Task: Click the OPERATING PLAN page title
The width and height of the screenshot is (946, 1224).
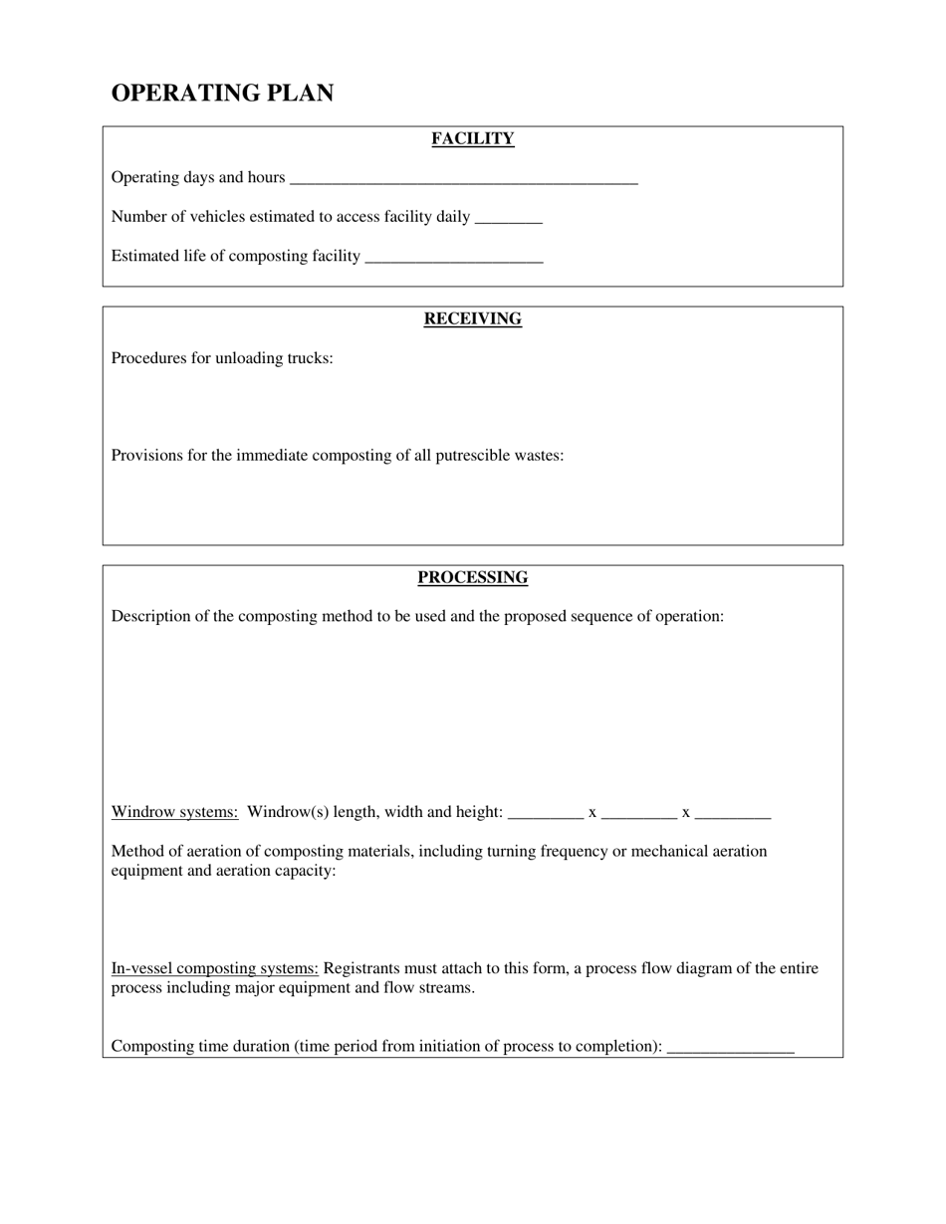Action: click(222, 94)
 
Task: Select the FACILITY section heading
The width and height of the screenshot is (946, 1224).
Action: click(472, 139)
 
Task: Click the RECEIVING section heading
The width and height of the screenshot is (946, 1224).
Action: click(472, 319)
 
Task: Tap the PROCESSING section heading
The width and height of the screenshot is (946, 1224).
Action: click(472, 578)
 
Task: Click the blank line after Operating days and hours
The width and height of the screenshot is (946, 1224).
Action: click(463, 180)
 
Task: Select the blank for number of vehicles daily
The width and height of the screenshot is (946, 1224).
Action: click(509, 219)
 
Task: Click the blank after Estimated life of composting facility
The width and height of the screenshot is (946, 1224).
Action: click(454, 259)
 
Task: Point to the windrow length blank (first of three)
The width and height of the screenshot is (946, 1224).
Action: click(546, 814)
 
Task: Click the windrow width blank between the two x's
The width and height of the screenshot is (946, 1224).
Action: click(639, 814)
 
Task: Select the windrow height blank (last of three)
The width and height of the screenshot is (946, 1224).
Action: click(733, 814)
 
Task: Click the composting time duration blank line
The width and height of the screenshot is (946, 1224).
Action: click(730, 1049)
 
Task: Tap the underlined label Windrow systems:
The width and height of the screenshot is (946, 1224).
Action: click(174, 812)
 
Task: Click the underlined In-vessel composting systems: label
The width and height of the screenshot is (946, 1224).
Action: click(214, 968)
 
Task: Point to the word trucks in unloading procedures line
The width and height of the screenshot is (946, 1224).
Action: click(309, 358)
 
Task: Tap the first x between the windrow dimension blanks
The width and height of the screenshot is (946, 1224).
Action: click(592, 813)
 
